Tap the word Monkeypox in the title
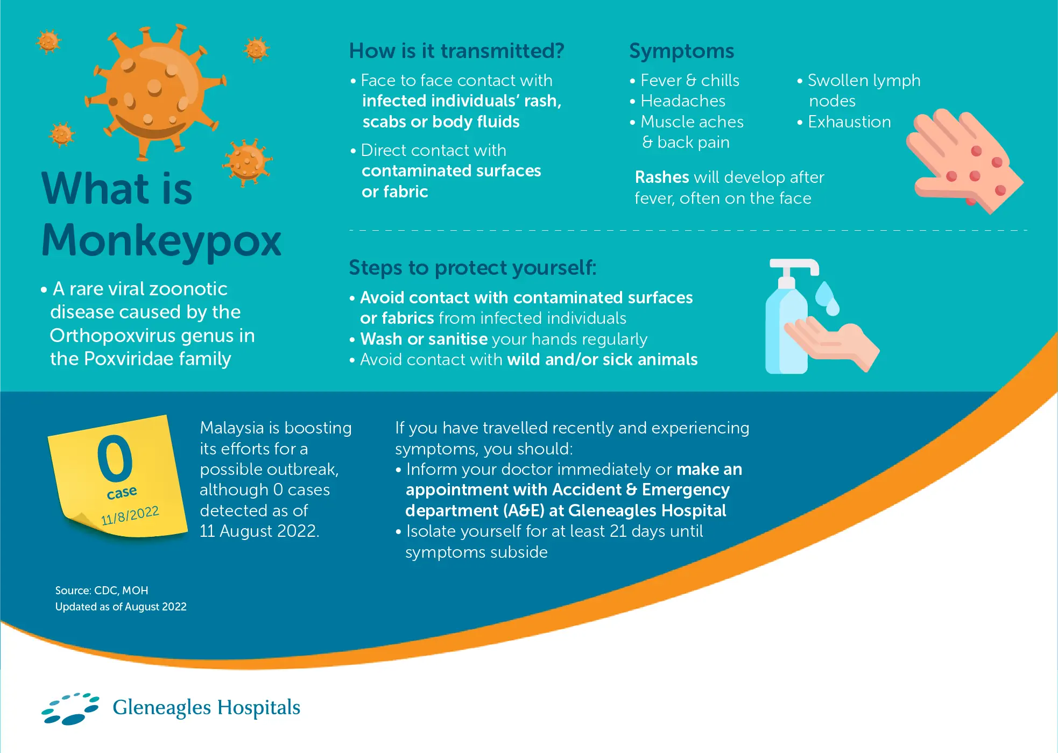pyautogui.click(x=161, y=240)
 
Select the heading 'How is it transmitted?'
pyautogui.click(x=456, y=51)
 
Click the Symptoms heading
pyautogui.click(x=681, y=51)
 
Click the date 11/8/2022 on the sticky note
pyautogui.click(x=130, y=515)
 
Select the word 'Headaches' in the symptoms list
pyautogui.click(x=683, y=101)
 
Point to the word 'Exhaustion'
pyautogui.click(x=849, y=122)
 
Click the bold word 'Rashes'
pyautogui.click(x=662, y=177)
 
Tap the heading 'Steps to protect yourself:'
pyautogui.click(x=472, y=267)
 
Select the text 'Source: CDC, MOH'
pyautogui.click(x=102, y=590)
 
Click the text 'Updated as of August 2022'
pyautogui.click(x=121, y=607)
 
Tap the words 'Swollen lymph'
pyautogui.click(x=864, y=81)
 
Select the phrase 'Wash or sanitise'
pyautogui.click(x=424, y=339)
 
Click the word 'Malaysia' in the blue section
pyautogui.click(x=232, y=428)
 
